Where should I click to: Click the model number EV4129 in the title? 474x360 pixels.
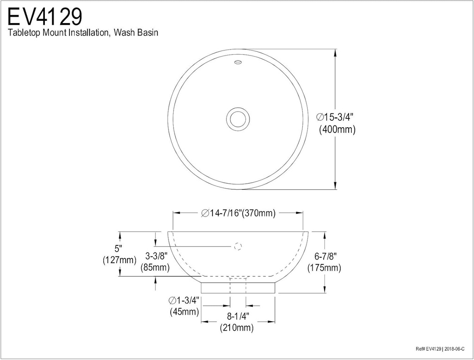click(x=45, y=17)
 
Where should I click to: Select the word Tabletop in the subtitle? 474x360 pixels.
click(x=24, y=33)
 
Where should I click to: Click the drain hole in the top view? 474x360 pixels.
click(x=237, y=118)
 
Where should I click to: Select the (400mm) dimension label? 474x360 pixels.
click(x=337, y=130)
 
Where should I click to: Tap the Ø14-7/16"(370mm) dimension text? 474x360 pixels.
click(x=238, y=213)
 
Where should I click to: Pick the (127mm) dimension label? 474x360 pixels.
click(x=119, y=260)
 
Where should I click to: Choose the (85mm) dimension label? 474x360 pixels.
click(x=155, y=267)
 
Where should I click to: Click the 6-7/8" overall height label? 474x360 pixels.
click(x=324, y=256)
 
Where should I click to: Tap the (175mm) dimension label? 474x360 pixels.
click(x=324, y=268)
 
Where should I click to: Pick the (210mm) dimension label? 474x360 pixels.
click(x=237, y=328)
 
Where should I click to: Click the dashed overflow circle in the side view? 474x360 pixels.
click(x=238, y=247)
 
